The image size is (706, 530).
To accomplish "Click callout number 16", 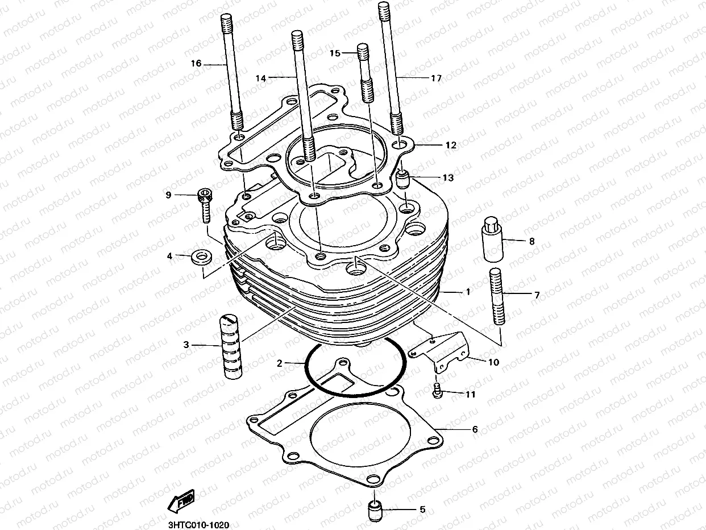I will coord(196,64).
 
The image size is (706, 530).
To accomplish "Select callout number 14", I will coord(260,79).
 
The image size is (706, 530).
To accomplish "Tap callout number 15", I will coord(335,53).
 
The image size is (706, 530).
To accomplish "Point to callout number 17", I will coord(436,78).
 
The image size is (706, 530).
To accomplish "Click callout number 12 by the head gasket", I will coord(451,146).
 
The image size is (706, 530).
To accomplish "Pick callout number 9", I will coord(168,195).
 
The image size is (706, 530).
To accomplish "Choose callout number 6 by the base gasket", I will coord(475,429).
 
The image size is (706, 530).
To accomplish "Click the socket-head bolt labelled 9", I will coord(205,205).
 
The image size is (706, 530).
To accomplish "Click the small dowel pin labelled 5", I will coord(375,509).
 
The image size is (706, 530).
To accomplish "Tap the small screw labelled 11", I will coord(438,391).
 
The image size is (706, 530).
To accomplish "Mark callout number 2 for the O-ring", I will coord(280,363).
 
